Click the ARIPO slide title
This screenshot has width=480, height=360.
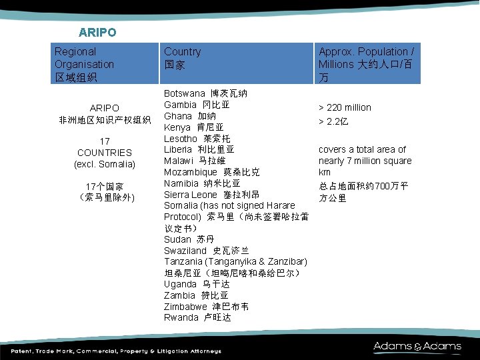(x=97, y=32)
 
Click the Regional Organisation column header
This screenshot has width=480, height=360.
(x=84, y=64)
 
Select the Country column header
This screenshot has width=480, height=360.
(x=182, y=58)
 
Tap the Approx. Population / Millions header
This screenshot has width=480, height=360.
(x=366, y=64)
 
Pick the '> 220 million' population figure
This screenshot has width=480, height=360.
(x=345, y=107)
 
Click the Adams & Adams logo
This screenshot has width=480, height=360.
(x=417, y=346)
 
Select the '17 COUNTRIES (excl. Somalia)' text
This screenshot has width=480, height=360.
(x=105, y=153)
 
